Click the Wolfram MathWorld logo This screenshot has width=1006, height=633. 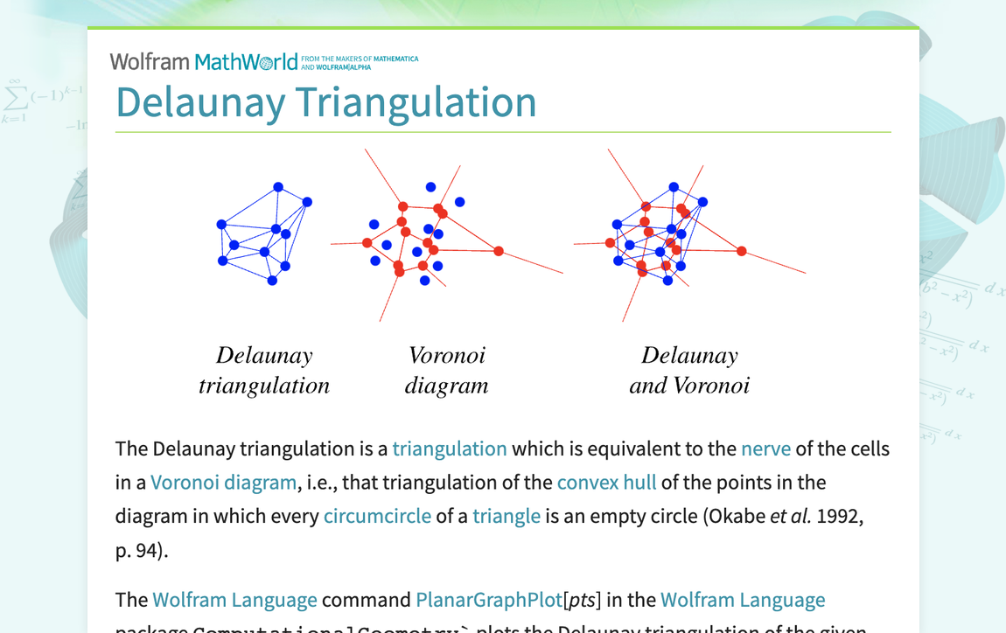tap(204, 62)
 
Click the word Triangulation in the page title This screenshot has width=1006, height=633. tap(416, 102)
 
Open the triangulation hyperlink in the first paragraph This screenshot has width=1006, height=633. tap(450, 449)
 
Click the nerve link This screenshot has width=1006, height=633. tap(765, 449)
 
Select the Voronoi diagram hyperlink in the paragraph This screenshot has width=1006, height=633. tap(223, 483)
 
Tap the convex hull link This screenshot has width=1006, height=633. tap(606, 483)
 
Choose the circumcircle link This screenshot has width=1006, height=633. tap(377, 516)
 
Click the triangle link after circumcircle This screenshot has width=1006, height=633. tap(506, 516)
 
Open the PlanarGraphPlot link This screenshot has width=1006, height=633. tap(489, 601)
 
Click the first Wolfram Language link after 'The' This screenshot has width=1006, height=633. tap(234, 601)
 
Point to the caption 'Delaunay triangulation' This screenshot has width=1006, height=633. tap(264, 370)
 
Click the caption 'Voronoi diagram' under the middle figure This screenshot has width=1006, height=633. tap(446, 370)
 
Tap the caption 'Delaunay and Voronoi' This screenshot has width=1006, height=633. tap(689, 370)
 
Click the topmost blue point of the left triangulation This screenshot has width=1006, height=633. tap(278, 187)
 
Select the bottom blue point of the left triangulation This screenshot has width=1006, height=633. tap(272, 281)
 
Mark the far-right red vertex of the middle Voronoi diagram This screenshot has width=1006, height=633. tap(499, 251)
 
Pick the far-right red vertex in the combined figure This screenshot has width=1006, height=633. tap(742, 251)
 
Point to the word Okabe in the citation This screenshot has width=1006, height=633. tap(738, 516)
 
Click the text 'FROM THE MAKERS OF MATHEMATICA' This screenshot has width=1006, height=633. tap(359, 59)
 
